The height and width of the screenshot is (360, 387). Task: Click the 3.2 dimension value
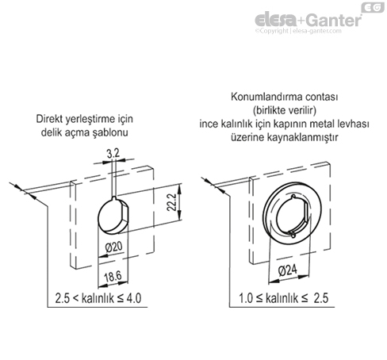click(x=113, y=153)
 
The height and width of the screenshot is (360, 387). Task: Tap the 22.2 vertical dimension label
click(x=171, y=202)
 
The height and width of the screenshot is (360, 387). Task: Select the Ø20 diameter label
click(x=114, y=247)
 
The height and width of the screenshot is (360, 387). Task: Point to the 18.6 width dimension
click(x=113, y=277)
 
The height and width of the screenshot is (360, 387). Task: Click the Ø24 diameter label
click(x=288, y=270)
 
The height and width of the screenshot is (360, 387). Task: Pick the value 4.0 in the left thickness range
click(x=134, y=298)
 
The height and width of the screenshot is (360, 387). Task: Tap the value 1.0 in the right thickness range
click(x=246, y=298)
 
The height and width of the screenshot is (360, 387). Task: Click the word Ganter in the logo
click(x=334, y=20)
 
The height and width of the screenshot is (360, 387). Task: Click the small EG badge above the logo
click(x=373, y=7)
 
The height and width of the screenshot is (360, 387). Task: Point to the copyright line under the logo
click(x=298, y=31)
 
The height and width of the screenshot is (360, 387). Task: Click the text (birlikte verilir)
click(x=285, y=110)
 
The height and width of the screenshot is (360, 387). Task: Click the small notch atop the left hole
click(x=114, y=197)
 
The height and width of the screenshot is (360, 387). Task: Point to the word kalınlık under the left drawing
click(x=98, y=298)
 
